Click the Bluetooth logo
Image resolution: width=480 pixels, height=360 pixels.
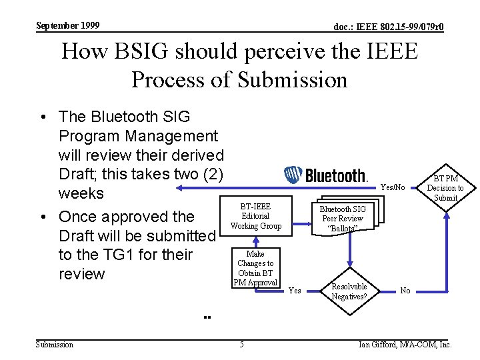(x=326, y=175)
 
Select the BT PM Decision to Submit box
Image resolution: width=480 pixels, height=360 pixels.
(x=445, y=188)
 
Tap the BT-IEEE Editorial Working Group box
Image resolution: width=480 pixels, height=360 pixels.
(x=255, y=215)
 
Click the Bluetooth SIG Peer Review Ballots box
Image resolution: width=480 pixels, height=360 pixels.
(x=343, y=219)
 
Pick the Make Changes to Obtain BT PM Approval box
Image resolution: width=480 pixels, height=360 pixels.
(x=255, y=268)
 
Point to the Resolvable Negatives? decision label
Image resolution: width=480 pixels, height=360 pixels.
(x=349, y=291)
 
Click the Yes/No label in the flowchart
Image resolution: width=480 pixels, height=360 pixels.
(x=393, y=188)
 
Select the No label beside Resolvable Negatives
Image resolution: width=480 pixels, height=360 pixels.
(x=405, y=291)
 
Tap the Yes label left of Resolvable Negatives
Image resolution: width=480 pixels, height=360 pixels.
(x=294, y=291)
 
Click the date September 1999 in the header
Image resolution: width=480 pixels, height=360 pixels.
(x=67, y=25)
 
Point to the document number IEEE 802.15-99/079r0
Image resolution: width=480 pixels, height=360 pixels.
(x=389, y=27)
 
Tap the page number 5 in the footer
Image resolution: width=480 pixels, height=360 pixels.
(x=241, y=345)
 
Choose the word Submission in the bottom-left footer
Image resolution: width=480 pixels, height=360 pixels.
(x=54, y=345)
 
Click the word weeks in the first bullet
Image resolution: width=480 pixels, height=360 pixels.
(x=81, y=193)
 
